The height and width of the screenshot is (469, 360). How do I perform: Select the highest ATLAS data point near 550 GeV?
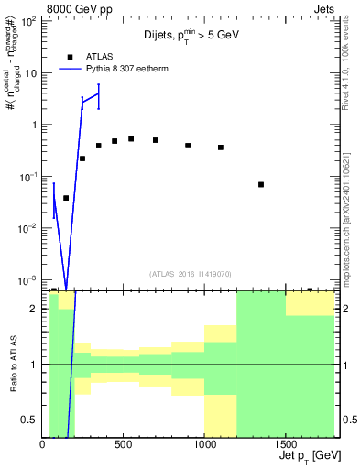131,138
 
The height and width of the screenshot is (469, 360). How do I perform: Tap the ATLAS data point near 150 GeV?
66,198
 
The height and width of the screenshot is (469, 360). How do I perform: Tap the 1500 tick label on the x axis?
286,445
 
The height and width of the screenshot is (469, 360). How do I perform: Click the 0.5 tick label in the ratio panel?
29,420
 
